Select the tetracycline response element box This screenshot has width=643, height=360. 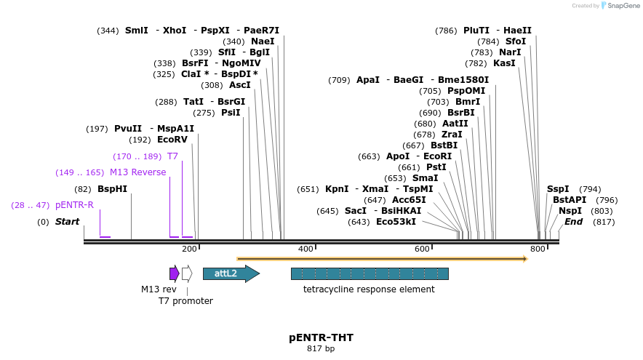[370, 273]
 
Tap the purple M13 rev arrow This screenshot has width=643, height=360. [174, 273]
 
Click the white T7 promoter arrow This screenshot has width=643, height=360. [187, 273]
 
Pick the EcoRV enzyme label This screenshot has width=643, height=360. [172, 140]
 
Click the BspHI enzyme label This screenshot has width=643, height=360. [112, 189]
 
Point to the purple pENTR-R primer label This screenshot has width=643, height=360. [74, 205]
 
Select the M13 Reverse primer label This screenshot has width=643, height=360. [137, 172]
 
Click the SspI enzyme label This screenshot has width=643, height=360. [558, 189]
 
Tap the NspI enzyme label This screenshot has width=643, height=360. [570, 211]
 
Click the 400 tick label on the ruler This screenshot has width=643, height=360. [305, 249]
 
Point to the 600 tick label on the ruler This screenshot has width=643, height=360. [422, 249]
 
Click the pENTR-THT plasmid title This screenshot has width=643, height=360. [321, 337]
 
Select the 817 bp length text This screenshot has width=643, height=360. [321, 349]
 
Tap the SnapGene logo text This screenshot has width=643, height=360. [619, 6]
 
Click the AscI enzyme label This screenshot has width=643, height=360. [239, 85]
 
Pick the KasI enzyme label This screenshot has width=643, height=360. [504, 63]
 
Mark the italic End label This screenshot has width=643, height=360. [573, 222]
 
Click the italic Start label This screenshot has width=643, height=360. [67, 222]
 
